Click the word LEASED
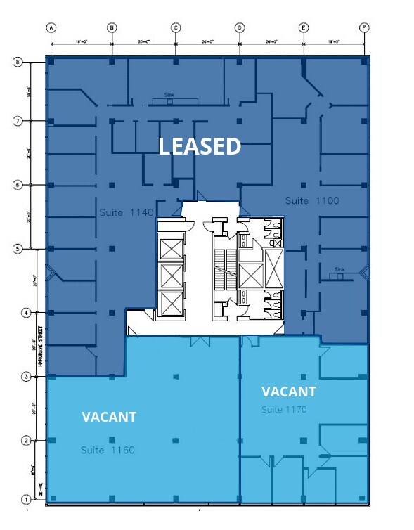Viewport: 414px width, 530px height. click(x=200, y=146)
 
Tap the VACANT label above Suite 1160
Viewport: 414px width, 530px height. click(x=109, y=417)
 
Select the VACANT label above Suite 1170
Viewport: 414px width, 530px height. click(x=289, y=392)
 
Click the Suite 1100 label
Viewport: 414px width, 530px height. click(x=312, y=201)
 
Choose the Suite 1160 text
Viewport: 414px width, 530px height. click(x=108, y=450)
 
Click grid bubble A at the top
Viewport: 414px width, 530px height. click(x=51, y=28)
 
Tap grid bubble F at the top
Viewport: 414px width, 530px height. click(x=364, y=28)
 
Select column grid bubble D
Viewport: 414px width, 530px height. click(x=240, y=28)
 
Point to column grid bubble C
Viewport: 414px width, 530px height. click(x=176, y=28)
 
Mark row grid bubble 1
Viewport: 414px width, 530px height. click(x=26, y=500)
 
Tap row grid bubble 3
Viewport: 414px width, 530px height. click(x=26, y=377)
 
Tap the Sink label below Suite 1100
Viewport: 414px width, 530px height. click(x=340, y=269)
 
